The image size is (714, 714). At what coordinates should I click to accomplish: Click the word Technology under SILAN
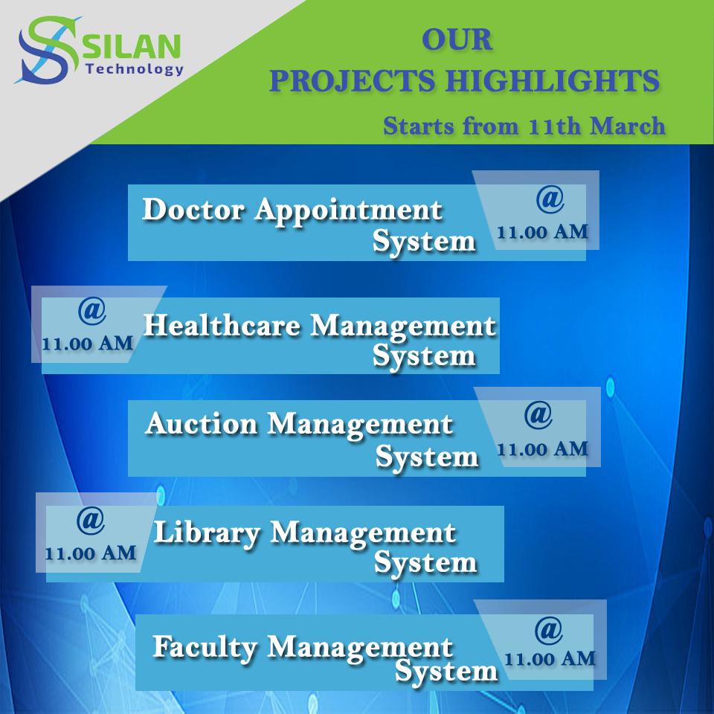point(135,69)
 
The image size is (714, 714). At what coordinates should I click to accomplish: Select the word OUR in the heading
point(457,40)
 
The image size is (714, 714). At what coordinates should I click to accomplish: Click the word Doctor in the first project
point(193,210)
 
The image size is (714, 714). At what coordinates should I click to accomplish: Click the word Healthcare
point(223,326)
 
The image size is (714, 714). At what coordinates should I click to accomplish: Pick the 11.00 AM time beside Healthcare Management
point(88,344)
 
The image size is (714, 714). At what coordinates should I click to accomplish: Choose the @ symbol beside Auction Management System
point(538,415)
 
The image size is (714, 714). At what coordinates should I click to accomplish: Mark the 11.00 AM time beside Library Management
point(90,553)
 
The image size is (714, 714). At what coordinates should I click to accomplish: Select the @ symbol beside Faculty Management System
point(548,630)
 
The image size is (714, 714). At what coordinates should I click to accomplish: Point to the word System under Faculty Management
point(446,672)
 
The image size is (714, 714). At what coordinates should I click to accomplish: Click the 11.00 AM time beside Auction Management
point(542,449)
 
